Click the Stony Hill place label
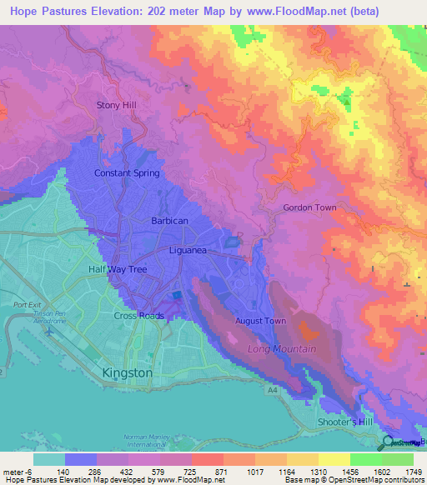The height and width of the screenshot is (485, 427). (x=116, y=106)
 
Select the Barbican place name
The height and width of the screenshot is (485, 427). (x=169, y=221)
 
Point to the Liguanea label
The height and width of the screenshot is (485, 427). (x=188, y=250)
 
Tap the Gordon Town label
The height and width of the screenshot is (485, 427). (x=309, y=207)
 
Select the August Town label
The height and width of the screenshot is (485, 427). (x=261, y=321)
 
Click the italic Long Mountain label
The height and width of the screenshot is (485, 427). (x=281, y=349)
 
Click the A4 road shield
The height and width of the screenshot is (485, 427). (x=272, y=388)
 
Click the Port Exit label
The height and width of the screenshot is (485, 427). (x=27, y=304)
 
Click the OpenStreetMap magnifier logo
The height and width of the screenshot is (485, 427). (x=389, y=442)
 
